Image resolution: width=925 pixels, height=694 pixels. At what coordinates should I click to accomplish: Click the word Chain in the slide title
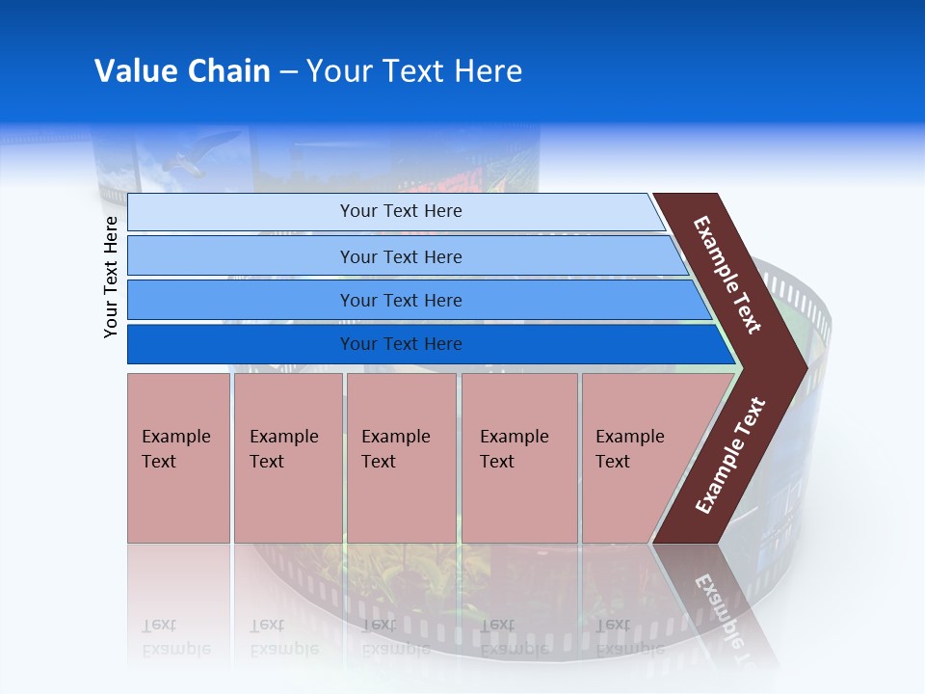pyautogui.click(x=228, y=71)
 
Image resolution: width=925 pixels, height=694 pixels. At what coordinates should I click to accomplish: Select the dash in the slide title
pyautogui.click(x=288, y=72)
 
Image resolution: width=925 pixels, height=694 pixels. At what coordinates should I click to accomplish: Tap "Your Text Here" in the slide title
pyautogui.click(x=414, y=71)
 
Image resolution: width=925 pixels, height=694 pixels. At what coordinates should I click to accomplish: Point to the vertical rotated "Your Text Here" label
pyautogui.click(x=111, y=277)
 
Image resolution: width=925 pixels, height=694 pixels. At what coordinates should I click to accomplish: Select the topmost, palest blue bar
pyautogui.click(x=401, y=211)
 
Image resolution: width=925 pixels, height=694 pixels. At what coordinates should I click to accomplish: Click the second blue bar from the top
pyautogui.click(x=401, y=256)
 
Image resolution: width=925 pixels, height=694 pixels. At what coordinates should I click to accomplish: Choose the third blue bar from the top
pyautogui.click(x=401, y=300)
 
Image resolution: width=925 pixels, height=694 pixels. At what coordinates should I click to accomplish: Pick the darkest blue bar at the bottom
pyautogui.click(x=401, y=344)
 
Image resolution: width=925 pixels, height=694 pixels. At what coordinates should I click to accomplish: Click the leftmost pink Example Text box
pyautogui.click(x=178, y=458)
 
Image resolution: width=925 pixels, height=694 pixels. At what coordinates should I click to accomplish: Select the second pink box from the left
pyautogui.click(x=287, y=458)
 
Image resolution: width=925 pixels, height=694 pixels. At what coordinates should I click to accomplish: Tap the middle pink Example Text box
pyautogui.click(x=401, y=458)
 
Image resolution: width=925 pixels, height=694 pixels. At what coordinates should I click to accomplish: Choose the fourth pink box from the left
pyautogui.click(x=518, y=458)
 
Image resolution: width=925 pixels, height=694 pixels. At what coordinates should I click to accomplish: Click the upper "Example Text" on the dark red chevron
pyautogui.click(x=727, y=275)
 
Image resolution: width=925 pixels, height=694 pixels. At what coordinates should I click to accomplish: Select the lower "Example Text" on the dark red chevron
pyautogui.click(x=730, y=456)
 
